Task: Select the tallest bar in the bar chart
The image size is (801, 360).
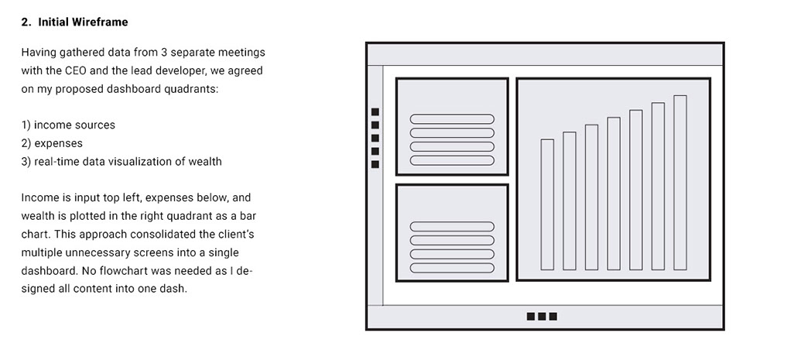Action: (x=680, y=183)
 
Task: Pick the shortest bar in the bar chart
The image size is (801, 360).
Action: (x=547, y=204)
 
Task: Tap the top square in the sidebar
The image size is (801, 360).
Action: (x=375, y=112)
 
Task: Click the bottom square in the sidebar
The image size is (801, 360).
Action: (x=375, y=164)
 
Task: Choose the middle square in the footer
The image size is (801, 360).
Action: (x=542, y=317)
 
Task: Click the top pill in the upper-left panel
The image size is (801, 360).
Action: (x=452, y=119)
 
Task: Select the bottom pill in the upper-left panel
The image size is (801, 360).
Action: (x=452, y=160)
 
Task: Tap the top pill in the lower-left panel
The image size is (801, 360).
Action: (x=452, y=227)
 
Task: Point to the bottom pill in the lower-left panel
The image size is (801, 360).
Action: (x=452, y=267)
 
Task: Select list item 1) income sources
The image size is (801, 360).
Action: (x=68, y=125)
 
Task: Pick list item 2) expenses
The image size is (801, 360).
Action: (x=52, y=143)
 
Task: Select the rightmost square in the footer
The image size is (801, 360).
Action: (x=553, y=317)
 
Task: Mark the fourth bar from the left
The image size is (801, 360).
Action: (x=614, y=194)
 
